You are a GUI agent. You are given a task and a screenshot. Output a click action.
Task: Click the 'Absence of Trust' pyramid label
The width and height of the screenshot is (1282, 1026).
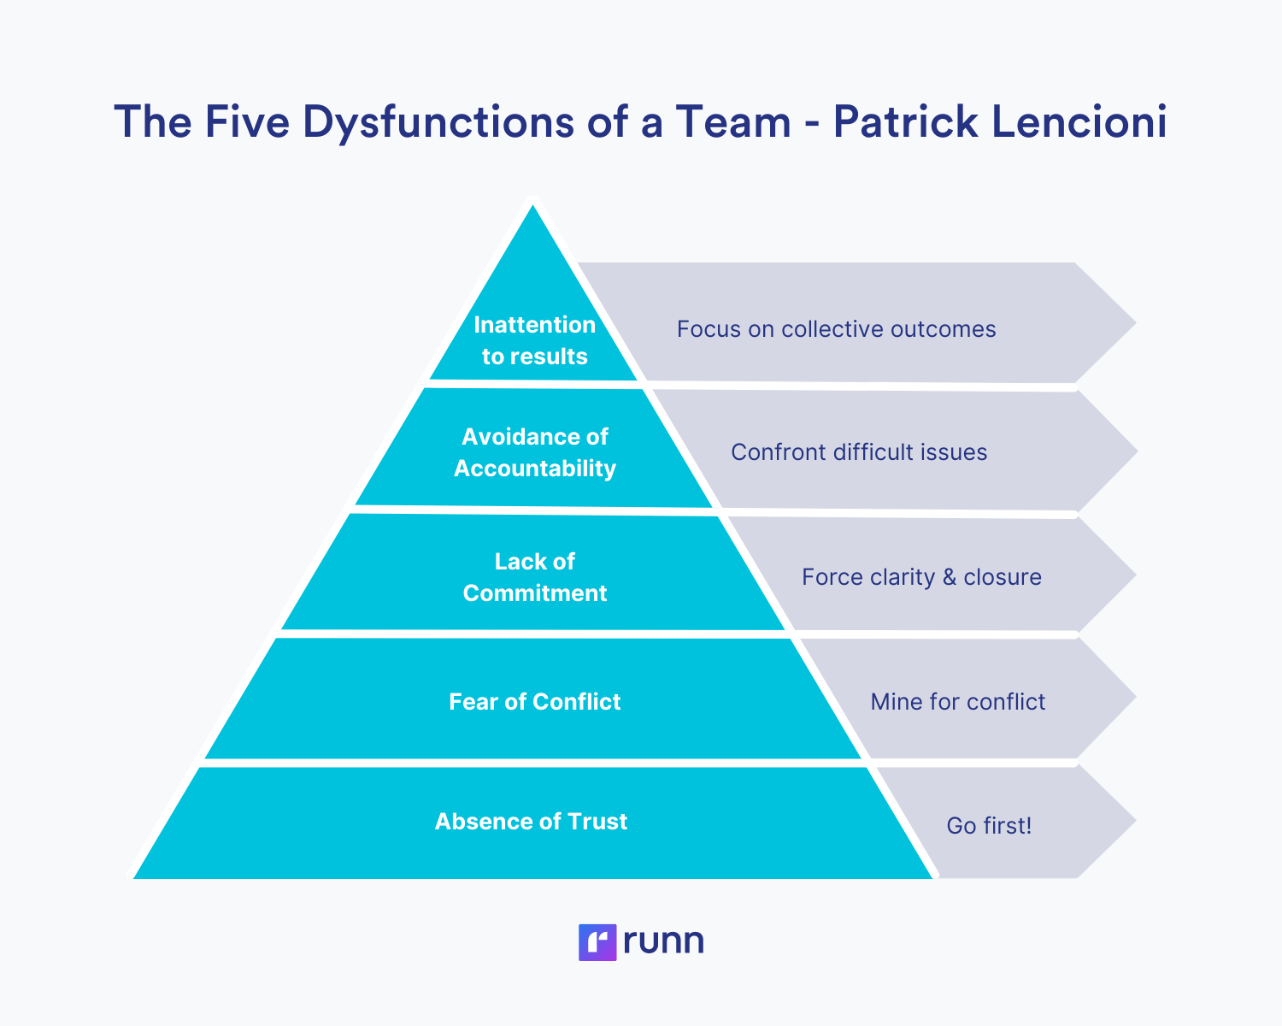pyautogui.click(x=531, y=822)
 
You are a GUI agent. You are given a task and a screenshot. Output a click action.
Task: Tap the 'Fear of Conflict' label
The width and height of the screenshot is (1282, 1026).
pyautogui.click(x=534, y=702)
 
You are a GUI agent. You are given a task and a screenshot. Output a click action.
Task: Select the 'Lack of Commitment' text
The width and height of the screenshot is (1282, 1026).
pyautogui.click(x=534, y=577)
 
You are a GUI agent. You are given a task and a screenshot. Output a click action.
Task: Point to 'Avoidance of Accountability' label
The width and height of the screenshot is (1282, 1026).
pyautogui.click(x=534, y=452)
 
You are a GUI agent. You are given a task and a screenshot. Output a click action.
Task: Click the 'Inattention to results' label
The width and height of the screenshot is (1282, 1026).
pyautogui.click(x=534, y=340)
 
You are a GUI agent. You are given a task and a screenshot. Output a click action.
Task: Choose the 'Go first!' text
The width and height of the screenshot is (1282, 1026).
pyautogui.click(x=989, y=826)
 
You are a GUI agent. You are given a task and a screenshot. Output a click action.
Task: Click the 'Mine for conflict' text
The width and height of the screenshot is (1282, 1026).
pyautogui.click(x=957, y=702)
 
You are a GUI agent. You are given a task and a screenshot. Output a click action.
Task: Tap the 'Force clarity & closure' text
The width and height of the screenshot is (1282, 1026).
pyautogui.click(x=921, y=577)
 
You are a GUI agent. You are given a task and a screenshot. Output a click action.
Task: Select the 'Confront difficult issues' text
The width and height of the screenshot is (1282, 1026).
pyautogui.click(x=859, y=452)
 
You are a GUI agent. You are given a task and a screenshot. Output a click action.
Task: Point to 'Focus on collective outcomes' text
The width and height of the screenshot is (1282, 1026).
pyautogui.click(x=836, y=329)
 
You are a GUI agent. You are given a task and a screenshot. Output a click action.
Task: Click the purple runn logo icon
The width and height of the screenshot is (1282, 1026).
pyautogui.click(x=597, y=942)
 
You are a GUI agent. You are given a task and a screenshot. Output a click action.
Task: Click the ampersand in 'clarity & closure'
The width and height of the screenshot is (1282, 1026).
pyautogui.click(x=949, y=578)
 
